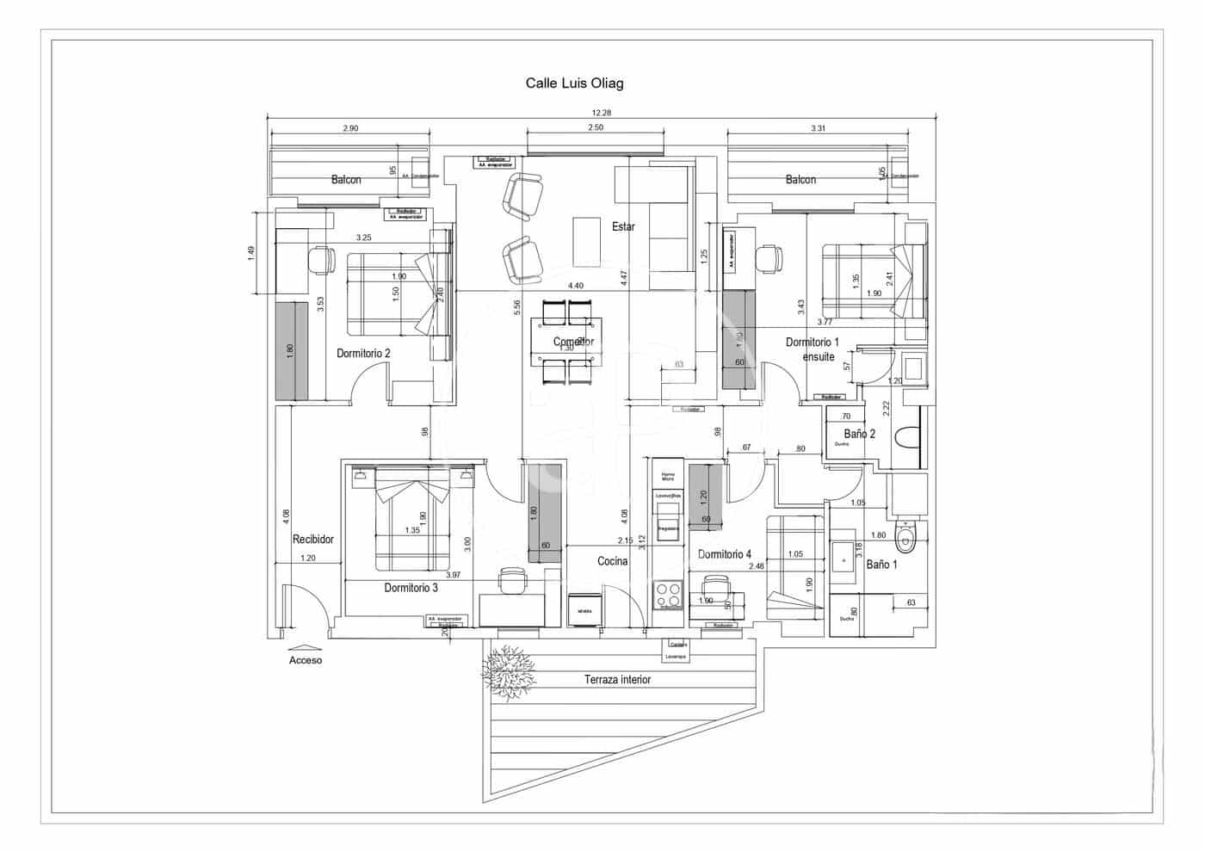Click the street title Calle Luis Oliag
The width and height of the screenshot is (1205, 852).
(x=574, y=83)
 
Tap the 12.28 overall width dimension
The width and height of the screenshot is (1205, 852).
(x=601, y=113)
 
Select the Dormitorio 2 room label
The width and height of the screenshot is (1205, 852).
(x=363, y=353)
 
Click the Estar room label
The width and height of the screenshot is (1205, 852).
(x=623, y=226)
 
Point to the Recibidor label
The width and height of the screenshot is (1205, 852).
(x=312, y=540)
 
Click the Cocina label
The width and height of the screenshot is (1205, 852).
(x=613, y=561)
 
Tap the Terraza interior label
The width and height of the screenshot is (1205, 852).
(x=617, y=680)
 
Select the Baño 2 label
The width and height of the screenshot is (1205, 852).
(x=859, y=434)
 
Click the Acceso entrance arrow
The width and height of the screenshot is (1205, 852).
(x=305, y=648)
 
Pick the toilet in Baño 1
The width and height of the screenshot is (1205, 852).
(x=905, y=538)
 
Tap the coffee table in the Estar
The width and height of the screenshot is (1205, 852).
(x=586, y=241)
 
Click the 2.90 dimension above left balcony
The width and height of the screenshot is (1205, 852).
(x=349, y=128)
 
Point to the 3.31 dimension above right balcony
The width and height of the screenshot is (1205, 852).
(x=818, y=128)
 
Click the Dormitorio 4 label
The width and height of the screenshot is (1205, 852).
(x=725, y=554)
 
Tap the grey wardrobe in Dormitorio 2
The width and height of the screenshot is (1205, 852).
(x=292, y=350)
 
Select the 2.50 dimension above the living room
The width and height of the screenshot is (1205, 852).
(x=594, y=127)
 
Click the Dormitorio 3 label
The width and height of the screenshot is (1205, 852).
(x=411, y=588)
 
